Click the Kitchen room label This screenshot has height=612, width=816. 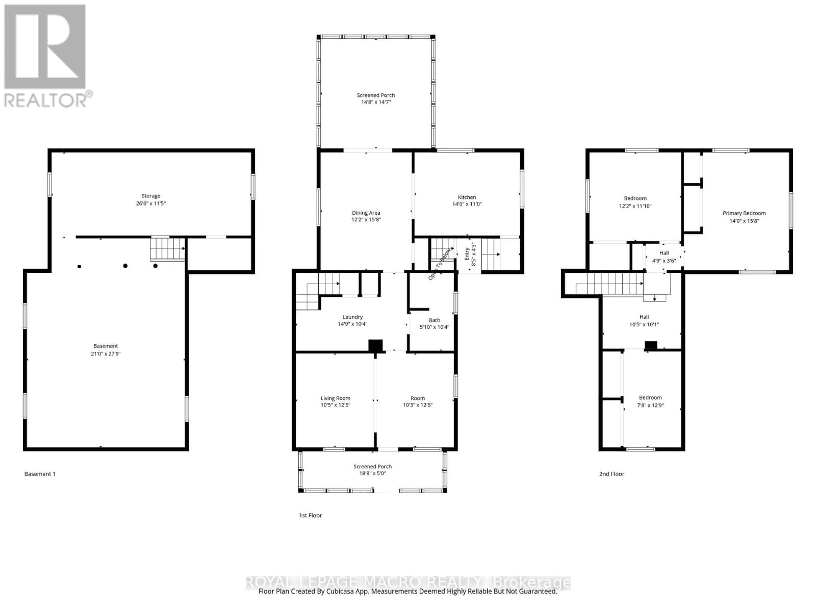coord(467,197)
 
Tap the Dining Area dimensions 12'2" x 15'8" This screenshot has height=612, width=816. coord(366,220)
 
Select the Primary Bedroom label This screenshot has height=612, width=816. coord(744,213)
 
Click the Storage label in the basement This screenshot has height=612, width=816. coord(150,196)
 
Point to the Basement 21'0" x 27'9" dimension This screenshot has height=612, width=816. coord(106,353)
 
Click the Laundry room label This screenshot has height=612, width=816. coord(352,317)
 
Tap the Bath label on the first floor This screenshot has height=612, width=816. coord(434,320)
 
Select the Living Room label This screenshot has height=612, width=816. coord(335,398)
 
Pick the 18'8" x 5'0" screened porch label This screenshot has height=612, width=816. coord(372,473)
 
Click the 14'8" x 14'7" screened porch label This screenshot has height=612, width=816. coord(376,102)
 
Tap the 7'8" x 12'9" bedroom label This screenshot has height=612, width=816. coord(650,405)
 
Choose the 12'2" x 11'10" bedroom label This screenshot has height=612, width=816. coord(635,206)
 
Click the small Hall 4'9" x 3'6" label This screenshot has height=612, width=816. coord(664,257)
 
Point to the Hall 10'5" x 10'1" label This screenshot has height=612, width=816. coord(644,320)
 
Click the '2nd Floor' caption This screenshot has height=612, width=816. coord(611,474)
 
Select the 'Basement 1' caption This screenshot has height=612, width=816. coord(40,474)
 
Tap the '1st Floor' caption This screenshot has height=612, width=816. coord(310,515)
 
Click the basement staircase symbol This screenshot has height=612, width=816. coord(167,249)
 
